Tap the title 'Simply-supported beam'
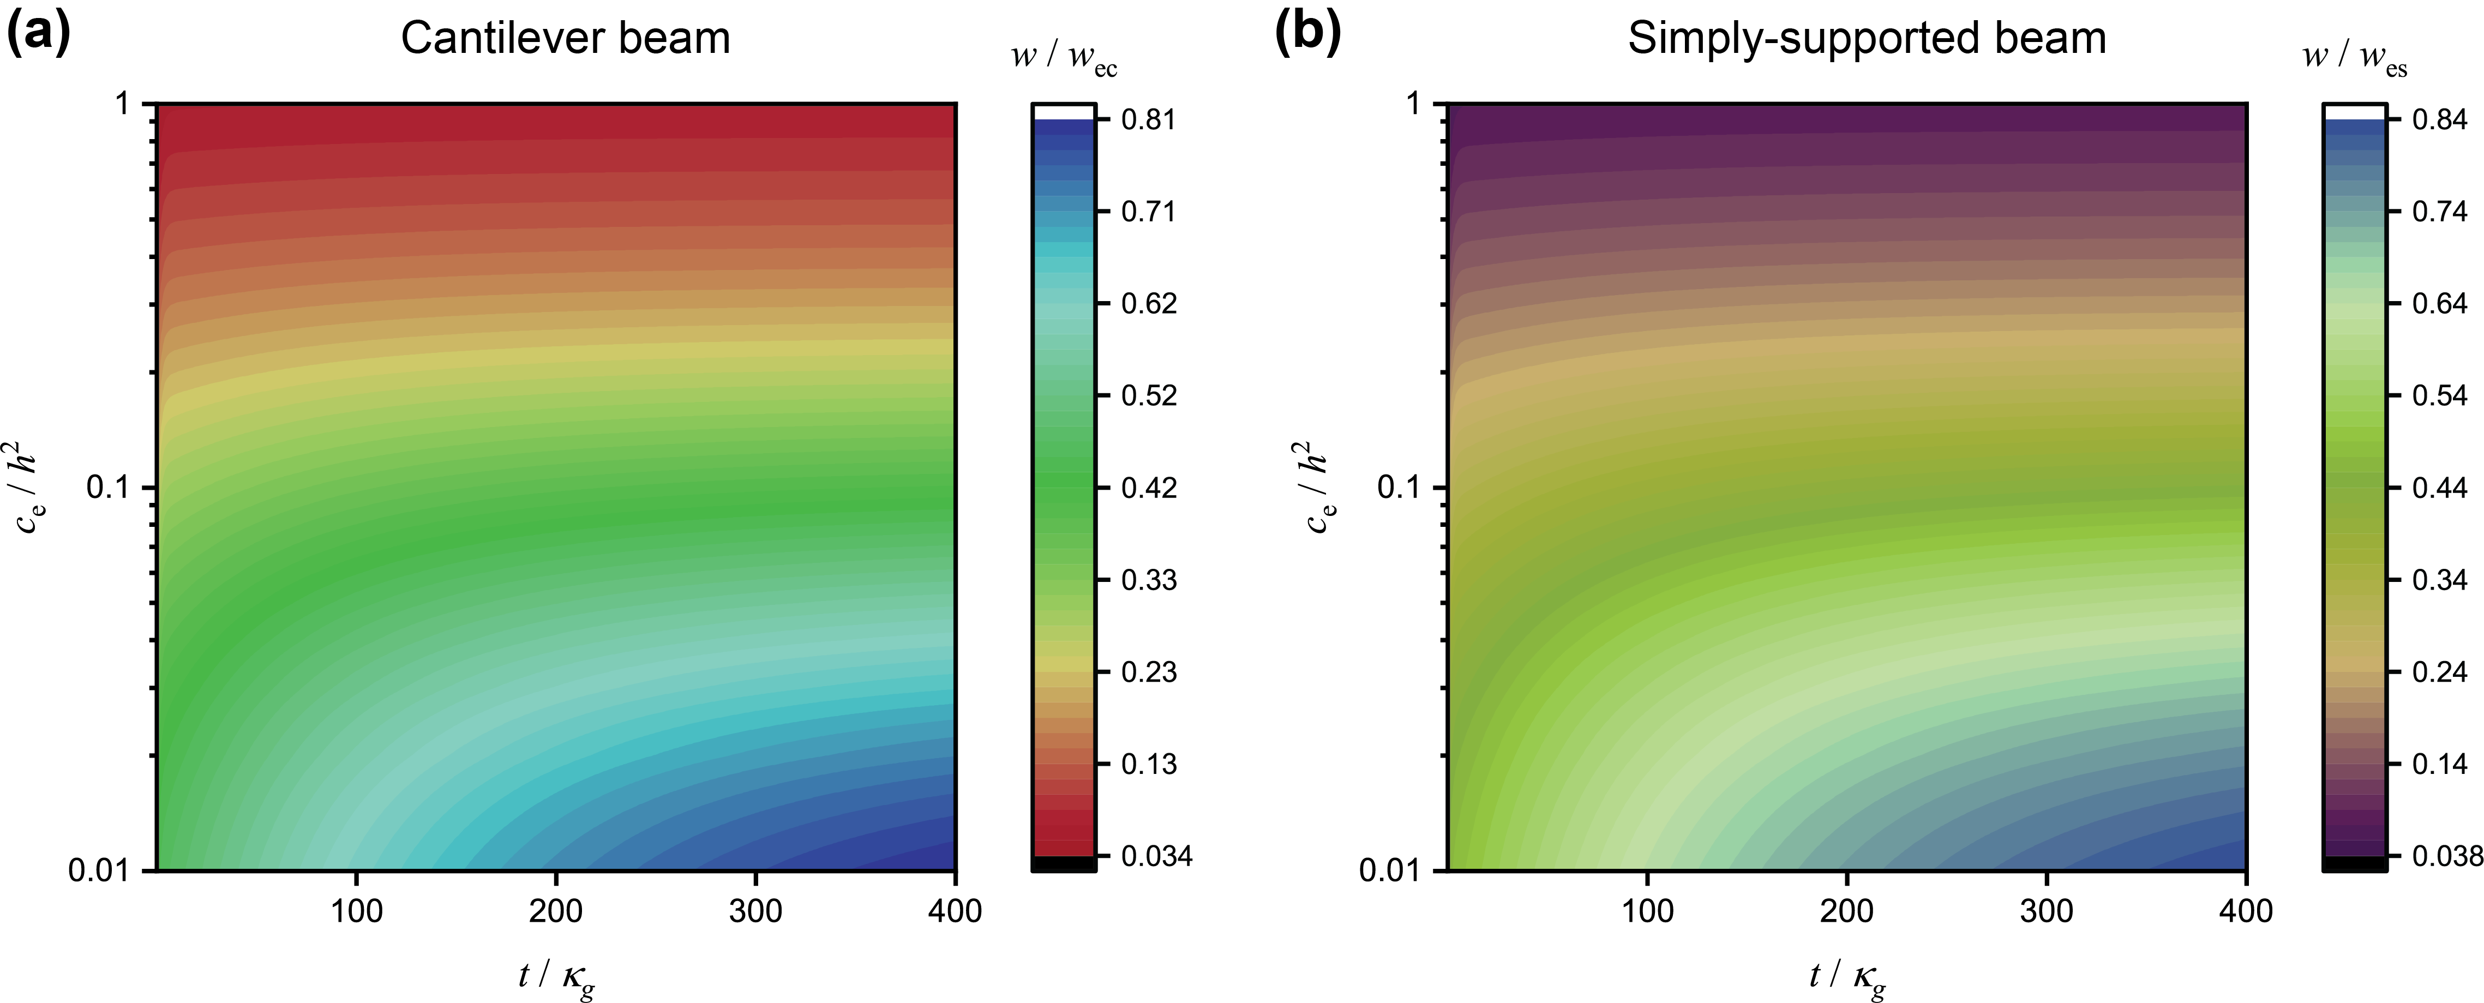[1867, 39]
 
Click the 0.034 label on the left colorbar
[1156, 856]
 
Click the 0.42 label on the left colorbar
[1149, 488]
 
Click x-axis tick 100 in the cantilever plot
[357, 910]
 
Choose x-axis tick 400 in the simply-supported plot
[2246, 910]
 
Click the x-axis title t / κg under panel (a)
[556, 977]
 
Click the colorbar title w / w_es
[2354, 58]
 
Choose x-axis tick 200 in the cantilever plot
[555, 910]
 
